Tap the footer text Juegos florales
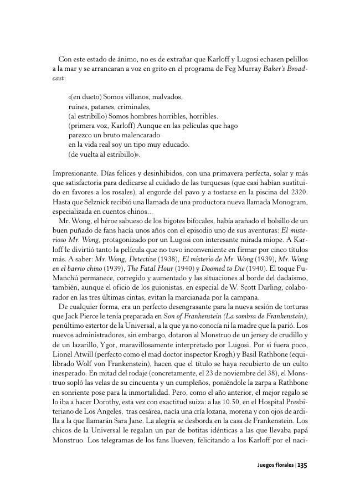point(275,466)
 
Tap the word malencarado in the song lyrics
point(136,135)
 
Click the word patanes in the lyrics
point(103,106)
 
